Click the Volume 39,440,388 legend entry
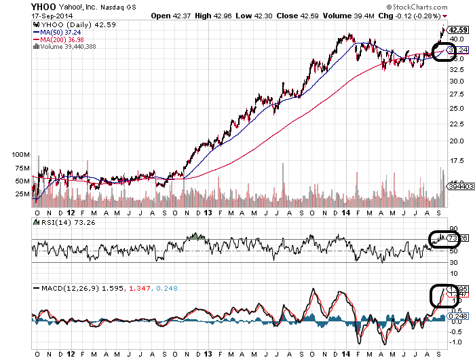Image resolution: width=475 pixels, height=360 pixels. click(x=68, y=46)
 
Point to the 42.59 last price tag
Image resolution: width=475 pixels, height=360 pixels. click(x=457, y=30)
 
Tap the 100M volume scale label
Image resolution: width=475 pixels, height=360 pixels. click(x=22, y=155)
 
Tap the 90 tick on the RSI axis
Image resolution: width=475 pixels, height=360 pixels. click(x=452, y=229)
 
